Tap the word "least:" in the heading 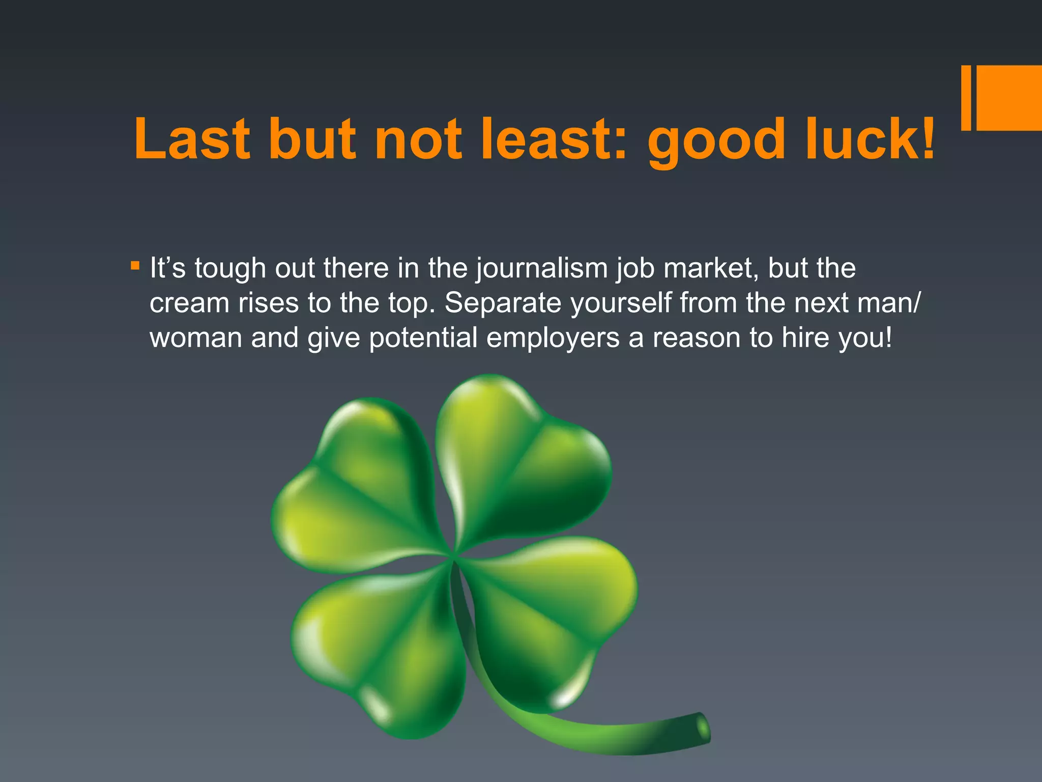coord(554,139)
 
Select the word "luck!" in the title coord(870,139)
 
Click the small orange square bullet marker coord(135,265)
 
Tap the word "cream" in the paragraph coord(189,304)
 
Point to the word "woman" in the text coord(196,338)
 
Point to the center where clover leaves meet coord(452,557)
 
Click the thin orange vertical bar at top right coord(966,98)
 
